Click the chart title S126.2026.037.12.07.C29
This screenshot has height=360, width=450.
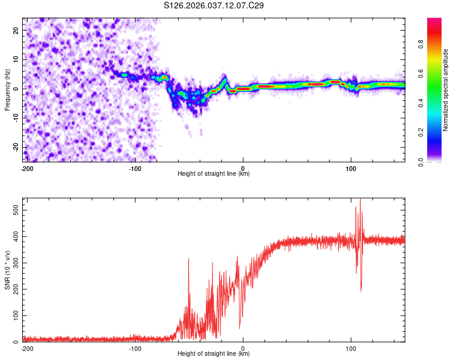[214, 6]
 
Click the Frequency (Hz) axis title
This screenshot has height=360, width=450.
[8, 89]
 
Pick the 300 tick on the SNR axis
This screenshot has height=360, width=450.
[16, 263]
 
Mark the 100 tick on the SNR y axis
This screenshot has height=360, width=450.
[16, 316]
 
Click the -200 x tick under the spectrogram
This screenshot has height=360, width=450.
[26, 168]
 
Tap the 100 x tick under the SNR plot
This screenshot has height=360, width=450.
[351, 348]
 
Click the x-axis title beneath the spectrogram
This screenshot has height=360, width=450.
[214, 174]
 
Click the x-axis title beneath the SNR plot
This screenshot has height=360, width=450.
[214, 354]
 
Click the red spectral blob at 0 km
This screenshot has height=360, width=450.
[244, 89]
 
